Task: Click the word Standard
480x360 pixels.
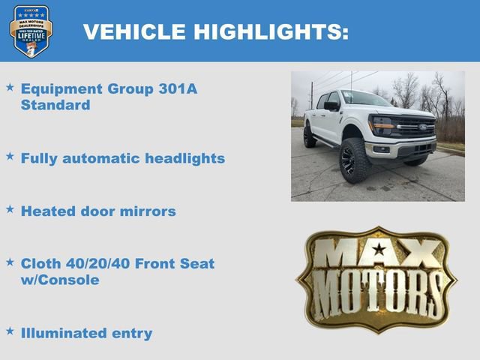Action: click(55, 105)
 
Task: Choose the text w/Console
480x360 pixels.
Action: click(60, 280)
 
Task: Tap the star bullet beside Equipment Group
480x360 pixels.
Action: click(10, 87)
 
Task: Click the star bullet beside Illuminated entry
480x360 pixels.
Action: click(10, 330)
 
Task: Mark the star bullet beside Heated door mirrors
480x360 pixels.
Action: click(10, 209)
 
